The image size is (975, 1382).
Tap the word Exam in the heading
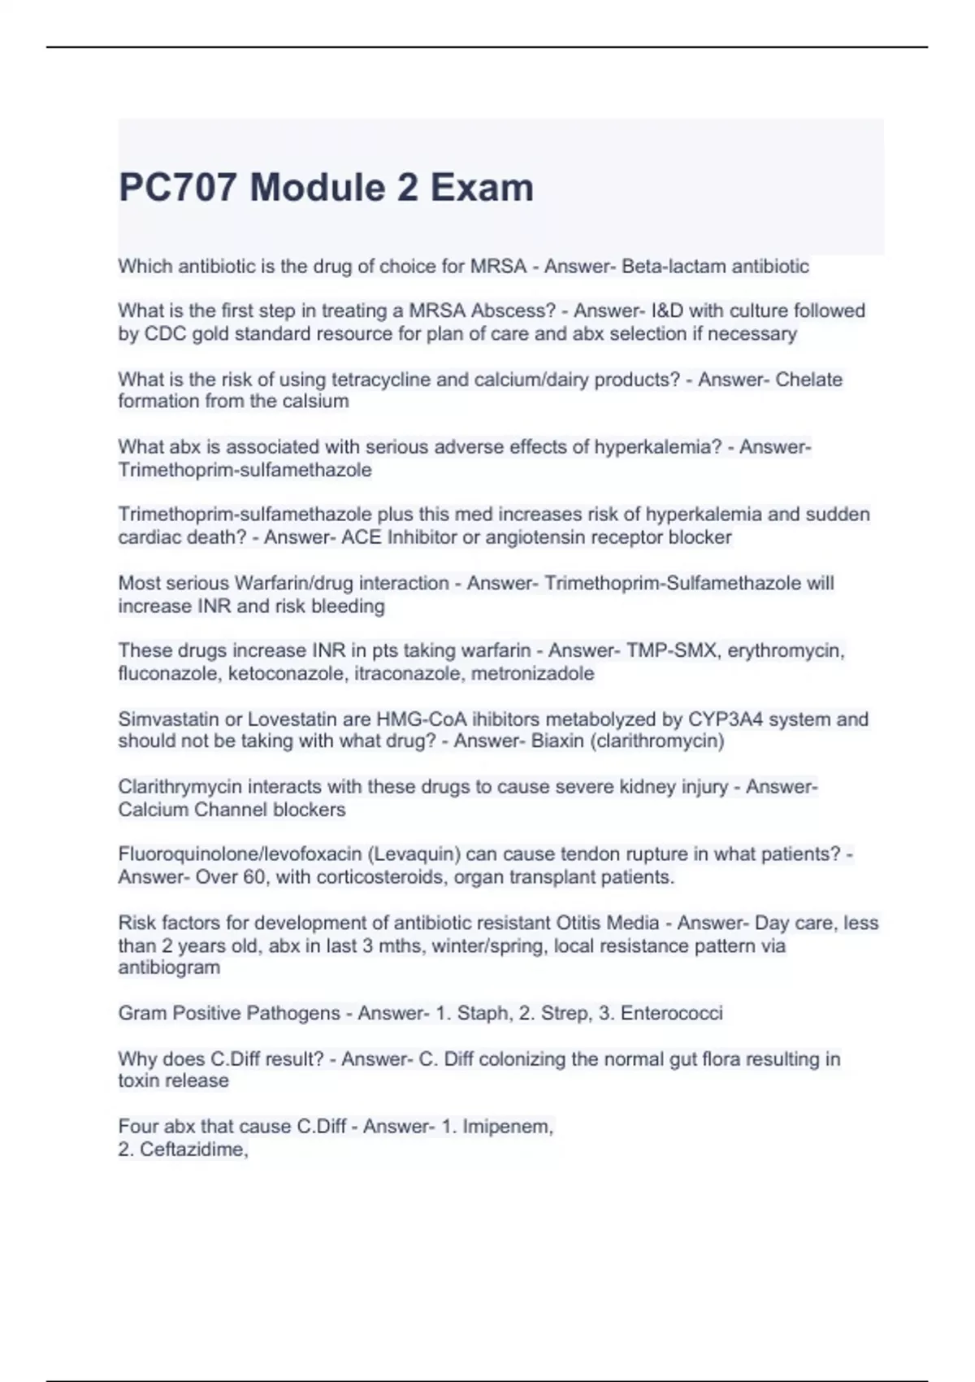[482, 188]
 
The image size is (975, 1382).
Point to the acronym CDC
[165, 333]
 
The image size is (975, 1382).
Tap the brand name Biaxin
[557, 741]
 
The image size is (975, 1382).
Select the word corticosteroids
[382, 877]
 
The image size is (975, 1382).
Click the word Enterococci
[671, 1013]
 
